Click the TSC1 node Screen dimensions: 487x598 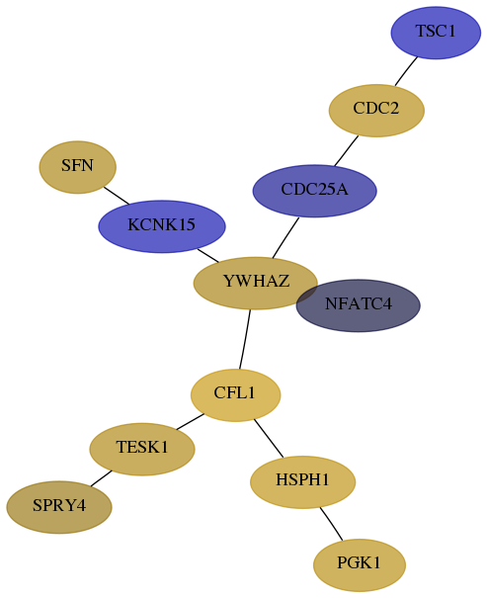point(436,33)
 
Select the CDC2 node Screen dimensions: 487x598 point(376,111)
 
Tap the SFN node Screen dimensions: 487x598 point(78,167)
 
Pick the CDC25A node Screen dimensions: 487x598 point(315,191)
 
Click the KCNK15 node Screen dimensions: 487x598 point(162,226)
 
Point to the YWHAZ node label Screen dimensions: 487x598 point(256,281)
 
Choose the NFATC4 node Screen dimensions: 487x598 point(359,305)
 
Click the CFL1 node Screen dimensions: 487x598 point(235,395)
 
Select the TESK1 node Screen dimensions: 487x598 point(142,450)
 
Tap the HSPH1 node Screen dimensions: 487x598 point(303,482)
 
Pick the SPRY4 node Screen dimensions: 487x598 point(59,507)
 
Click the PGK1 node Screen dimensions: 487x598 point(360,565)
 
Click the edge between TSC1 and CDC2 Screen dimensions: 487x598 point(406,71)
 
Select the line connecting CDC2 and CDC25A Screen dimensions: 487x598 point(347,150)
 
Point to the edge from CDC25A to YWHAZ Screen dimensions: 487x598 point(285,238)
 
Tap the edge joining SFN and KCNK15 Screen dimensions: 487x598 point(117,196)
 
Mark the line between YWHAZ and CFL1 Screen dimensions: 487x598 point(245,339)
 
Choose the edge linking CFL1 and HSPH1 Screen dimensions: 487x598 point(269,438)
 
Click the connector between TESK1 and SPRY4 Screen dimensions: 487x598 point(101,478)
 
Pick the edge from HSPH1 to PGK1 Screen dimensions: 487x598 point(331,524)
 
